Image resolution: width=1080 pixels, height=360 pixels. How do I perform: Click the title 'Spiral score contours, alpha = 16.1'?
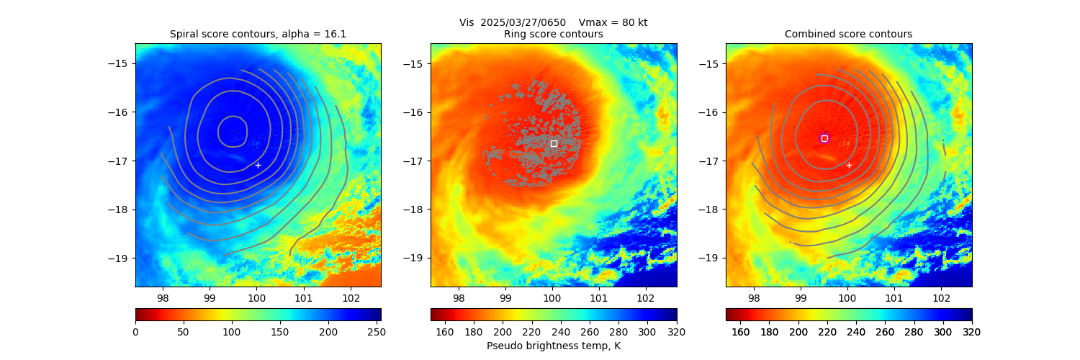[258, 34]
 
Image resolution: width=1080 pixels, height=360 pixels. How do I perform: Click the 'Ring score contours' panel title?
[553, 34]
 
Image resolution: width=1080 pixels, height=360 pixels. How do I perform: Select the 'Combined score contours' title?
[848, 34]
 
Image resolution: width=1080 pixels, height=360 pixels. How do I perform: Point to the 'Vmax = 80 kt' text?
[613, 22]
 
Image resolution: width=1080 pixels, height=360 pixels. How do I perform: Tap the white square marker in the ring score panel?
[554, 143]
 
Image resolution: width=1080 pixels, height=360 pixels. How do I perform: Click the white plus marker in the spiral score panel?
[258, 165]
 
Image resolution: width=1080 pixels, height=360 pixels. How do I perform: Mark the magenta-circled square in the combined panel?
[824, 138]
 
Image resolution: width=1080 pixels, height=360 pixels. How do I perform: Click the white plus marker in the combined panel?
[849, 165]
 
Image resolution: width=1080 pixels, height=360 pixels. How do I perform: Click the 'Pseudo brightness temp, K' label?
[553, 346]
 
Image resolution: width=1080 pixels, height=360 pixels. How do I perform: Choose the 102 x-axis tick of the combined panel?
[940, 298]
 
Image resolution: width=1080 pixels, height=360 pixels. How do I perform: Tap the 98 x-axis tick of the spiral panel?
[163, 298]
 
